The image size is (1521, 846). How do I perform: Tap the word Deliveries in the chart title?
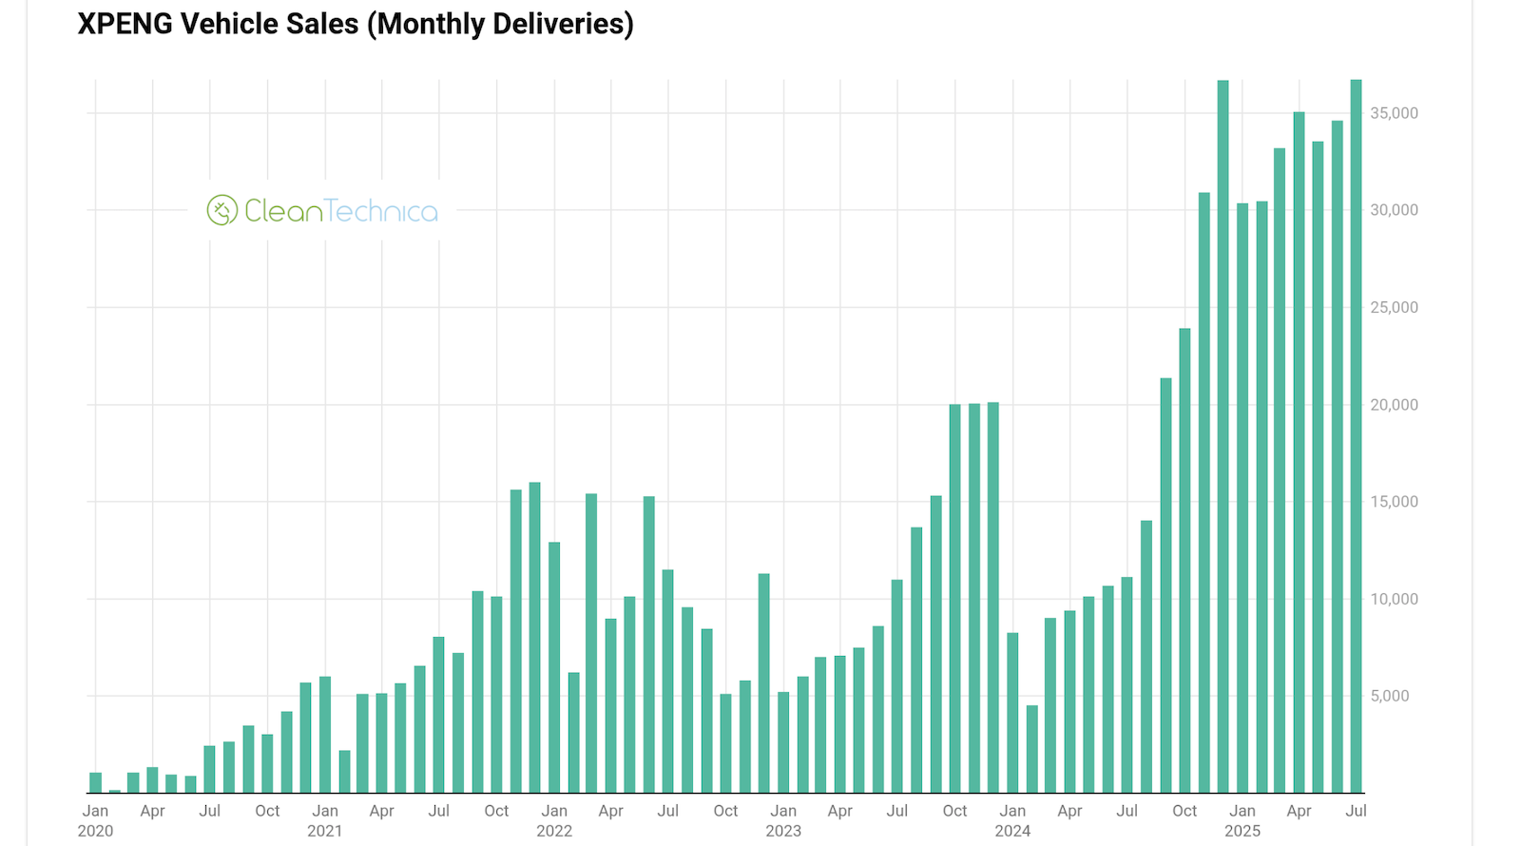[x=568, y=24]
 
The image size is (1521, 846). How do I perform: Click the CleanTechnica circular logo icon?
[x=221, y=210]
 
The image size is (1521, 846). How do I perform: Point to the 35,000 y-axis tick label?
[x=1393, y=113]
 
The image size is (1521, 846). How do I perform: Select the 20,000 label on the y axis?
[x=1393, y=405]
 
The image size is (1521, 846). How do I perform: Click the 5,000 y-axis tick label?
[x=1389, y=696]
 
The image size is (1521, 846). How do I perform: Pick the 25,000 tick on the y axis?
[x=1393, y=307]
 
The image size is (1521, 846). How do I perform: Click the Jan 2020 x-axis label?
[x=95, y=820]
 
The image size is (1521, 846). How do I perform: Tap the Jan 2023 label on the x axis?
[x=783, y=820]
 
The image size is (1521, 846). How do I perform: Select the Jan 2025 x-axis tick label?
[x=1242, y=820]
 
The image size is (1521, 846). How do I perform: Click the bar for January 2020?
[x=95, y=783]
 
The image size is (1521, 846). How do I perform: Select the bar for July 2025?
[x=1357, y=437]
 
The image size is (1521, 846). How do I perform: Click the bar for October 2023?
[x=955, y=599]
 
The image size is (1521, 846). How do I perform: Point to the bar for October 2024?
[x=1184, y=561]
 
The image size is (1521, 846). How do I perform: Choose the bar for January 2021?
[x=325, y=735]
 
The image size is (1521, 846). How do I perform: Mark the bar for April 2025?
[x=1299, y=452]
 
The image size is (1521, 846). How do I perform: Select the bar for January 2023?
[x=783, y=742]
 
